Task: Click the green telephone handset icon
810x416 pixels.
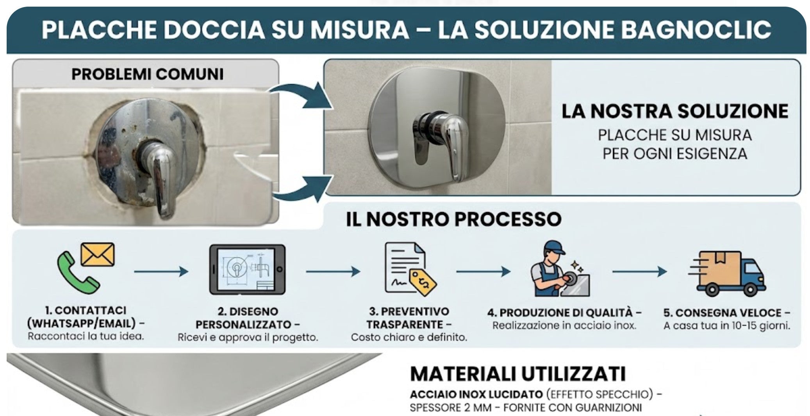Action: pos(77,273)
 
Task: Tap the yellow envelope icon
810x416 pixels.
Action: pos(98,254)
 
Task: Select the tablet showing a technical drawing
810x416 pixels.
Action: pos(247,270)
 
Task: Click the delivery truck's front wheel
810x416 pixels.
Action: pos(749,290)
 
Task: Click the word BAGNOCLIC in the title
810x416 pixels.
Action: pos(696,30)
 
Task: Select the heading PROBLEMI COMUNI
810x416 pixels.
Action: pos(147,74)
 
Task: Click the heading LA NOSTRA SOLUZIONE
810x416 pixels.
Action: pos(674,111)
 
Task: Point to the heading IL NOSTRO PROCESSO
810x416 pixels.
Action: pos(453,219)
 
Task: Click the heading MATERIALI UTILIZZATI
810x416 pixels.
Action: pos(518,374)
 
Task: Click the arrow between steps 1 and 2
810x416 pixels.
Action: pos(161,271)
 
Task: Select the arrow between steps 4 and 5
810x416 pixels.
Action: pos(639,271)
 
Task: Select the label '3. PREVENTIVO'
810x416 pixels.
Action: pos(409,311)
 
